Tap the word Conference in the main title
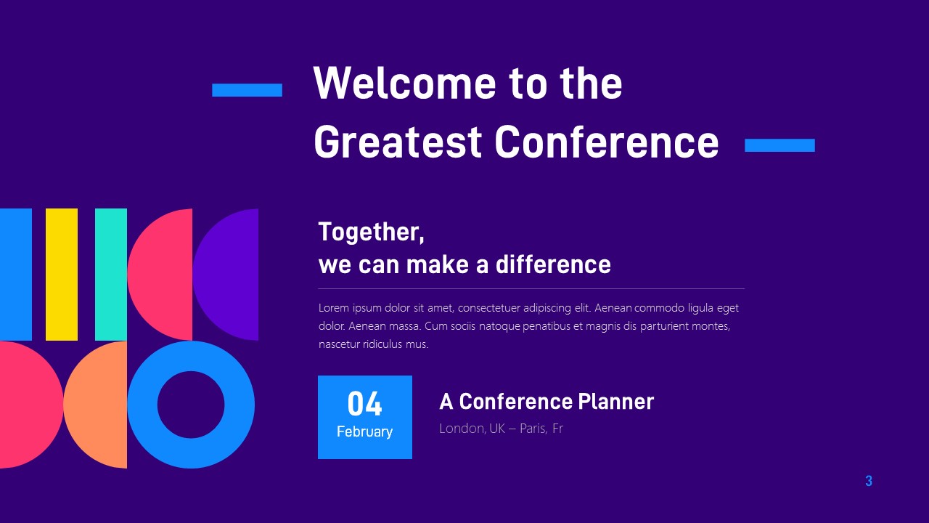(607, 142)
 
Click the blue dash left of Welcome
(247, 90)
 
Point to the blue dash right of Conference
(779, 145)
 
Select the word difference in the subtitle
(553, 264)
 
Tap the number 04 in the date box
(364, 404)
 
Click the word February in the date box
(364, 431)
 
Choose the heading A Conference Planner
(546, 402)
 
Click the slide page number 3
(869, 481)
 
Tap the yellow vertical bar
(62, 275)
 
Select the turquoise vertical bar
(111, 275)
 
